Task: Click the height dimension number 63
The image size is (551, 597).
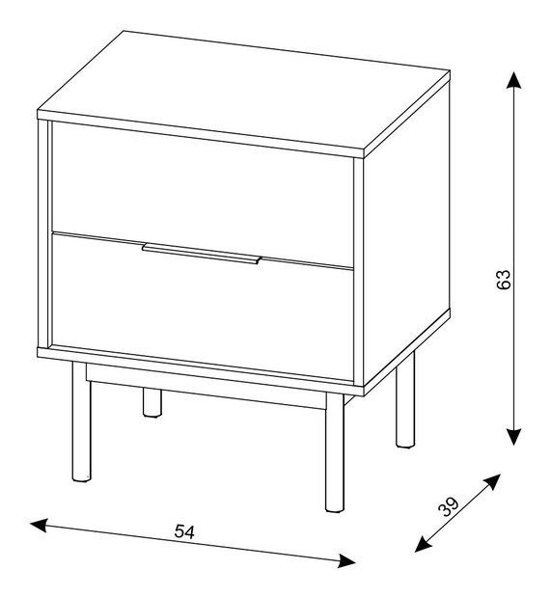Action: click(x=504, y=281)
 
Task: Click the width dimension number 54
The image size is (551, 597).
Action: click(x=184, y=531)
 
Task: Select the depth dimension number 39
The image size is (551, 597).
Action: click(x=449, y=506)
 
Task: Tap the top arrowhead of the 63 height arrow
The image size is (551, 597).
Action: click(x=513, y=80)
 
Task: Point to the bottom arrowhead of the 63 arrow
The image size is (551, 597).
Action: click(x=514, y=436)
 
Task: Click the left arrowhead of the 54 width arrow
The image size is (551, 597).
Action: click(x=39, y=526)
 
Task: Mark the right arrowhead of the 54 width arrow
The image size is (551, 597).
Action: click(x=346, y=560)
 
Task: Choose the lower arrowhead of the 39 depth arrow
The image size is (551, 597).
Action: click(x=423, y=545)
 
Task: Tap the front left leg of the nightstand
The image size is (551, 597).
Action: click(x=82, y=422)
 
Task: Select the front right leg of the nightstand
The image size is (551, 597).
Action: click(x=335, y=452)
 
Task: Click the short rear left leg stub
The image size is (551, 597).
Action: click(x=152, y=402)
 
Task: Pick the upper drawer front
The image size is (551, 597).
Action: click(x=203, y=195)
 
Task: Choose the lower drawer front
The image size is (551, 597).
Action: click(x=203, y=306)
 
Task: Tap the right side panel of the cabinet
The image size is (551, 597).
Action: click(x=406, y=233)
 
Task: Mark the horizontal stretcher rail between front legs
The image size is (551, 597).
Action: click(x=207, y=387)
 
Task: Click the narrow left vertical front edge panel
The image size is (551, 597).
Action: click(x=44, y=234)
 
